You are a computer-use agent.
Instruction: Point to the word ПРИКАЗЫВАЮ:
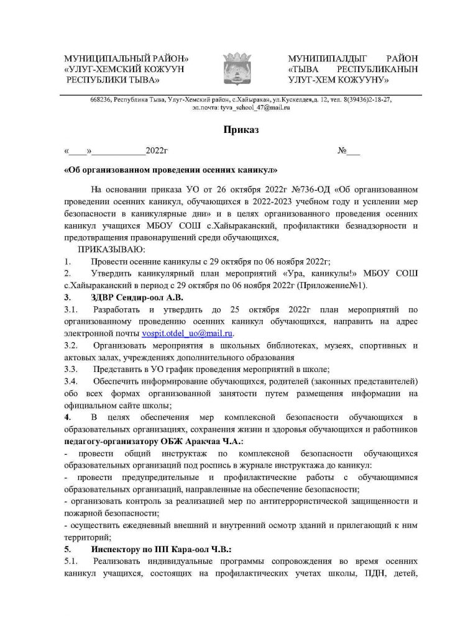[x=110, y=249]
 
